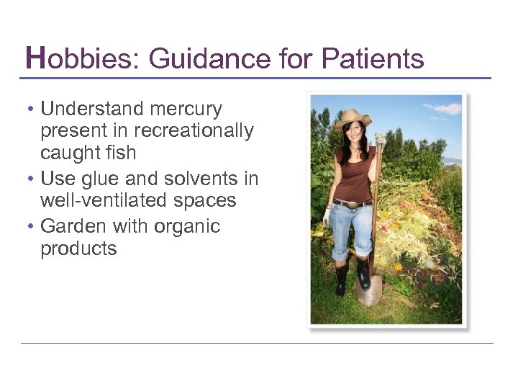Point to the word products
click(78, 249)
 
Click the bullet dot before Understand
click(30, 109)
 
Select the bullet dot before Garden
click(30, 227)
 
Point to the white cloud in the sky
click(445, 108)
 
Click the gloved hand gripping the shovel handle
click(379, 140)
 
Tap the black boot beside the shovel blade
click(363, 274)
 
